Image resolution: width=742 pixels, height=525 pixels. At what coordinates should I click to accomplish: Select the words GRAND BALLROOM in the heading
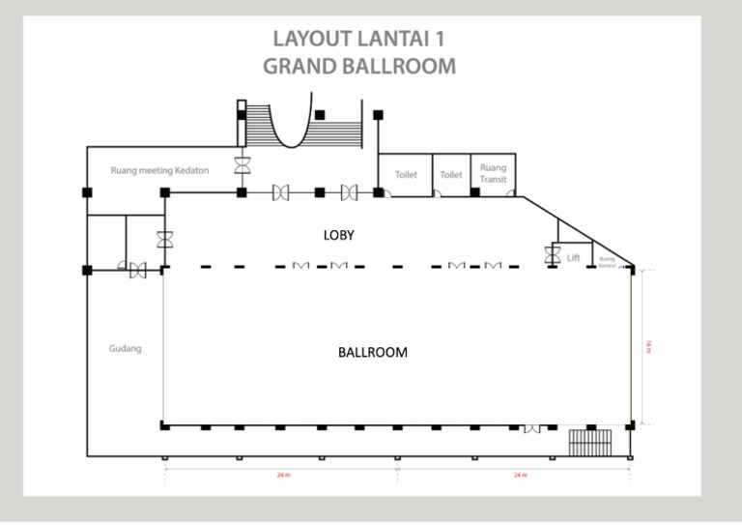click(x=359, y=67)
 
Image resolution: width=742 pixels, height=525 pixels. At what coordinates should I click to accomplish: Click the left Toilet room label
click(x=406, y=175)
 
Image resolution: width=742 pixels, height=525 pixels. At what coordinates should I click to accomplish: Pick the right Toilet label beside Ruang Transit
click(x=451, y=175)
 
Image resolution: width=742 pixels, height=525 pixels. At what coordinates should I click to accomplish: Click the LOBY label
click(x=338, y=235)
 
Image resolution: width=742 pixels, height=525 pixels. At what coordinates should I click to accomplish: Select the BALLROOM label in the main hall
click(x=372, y=353)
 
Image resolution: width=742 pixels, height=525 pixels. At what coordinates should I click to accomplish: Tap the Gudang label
click(x=125, y=348)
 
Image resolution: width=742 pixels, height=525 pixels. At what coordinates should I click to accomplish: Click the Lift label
click(x=574, y=258)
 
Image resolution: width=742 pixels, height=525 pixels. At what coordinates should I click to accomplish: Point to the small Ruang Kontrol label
click(x=607, y=260)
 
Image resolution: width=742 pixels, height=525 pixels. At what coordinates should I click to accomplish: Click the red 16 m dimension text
click(x=648, y=346)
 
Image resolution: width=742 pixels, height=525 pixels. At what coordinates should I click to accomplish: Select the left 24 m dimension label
click(x=281, y=476)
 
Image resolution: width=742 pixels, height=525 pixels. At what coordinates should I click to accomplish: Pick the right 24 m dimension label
click(x=520, y=476)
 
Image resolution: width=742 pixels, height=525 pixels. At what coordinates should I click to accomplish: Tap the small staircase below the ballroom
click(x=589, y=442)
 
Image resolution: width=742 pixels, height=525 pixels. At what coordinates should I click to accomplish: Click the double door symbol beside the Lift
click(x=552, y=254)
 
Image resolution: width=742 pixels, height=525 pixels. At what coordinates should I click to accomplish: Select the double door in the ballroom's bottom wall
click(x=531, y=427)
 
